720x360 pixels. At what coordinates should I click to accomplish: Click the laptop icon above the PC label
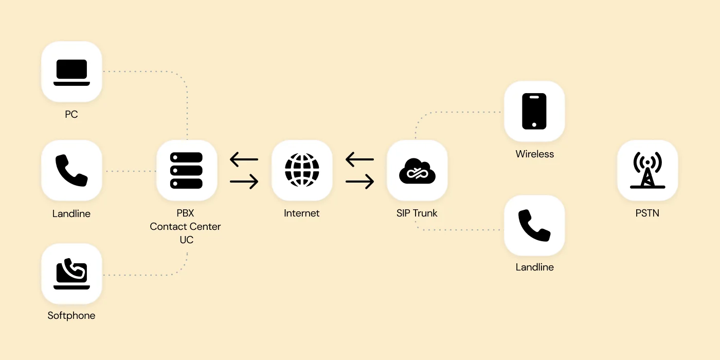[x=71, y=72]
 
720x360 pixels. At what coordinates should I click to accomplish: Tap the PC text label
[x=71, y=114]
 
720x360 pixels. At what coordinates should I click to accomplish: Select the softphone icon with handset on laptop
[x=71, y=274]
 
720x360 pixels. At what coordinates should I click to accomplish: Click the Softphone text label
[x=71, y=315]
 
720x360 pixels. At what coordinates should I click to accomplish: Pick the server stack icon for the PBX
[x=186, y=170]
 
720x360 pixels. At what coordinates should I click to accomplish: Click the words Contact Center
[x=185, y=226]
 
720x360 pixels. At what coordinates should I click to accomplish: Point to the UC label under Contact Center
[x=186, y=240]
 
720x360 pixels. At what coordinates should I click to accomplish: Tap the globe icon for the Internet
[x=302, y=170]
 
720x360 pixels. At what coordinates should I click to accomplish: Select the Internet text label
[x=302, y=213]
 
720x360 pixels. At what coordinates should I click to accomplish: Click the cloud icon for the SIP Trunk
[x=417, y=171]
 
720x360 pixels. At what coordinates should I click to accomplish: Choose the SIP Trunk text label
[x=417, y=213]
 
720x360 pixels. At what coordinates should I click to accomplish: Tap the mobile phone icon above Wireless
[x=534, y=111]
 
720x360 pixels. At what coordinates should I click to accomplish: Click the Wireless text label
[x=535, y=154]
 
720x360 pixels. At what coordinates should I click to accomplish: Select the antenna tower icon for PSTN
[x=647, y=170]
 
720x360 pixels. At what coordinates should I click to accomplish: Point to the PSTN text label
[x=647, y=213]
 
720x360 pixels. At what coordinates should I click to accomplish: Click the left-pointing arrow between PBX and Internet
[x=244, y=159]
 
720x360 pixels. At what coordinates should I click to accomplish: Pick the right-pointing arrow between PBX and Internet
[x=244, y=181]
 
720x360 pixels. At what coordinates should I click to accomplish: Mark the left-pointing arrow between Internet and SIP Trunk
[x=359, y=159]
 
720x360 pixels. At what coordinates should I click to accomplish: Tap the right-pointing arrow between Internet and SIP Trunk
[x=359, y=181]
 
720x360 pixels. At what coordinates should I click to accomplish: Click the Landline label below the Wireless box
[x=535, y=267]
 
